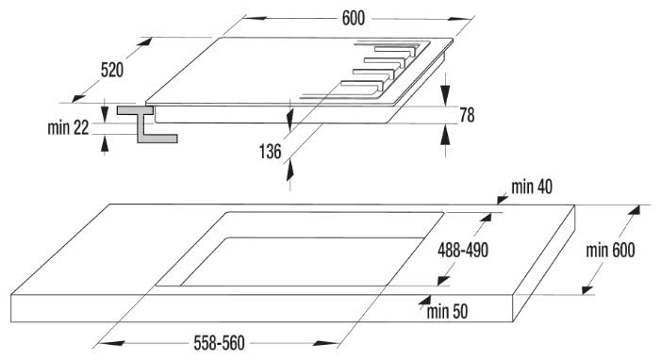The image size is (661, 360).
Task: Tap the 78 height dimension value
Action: (466, 115)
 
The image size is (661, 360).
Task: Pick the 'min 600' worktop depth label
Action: (609, 250)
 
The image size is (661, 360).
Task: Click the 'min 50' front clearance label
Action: (448, 310)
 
